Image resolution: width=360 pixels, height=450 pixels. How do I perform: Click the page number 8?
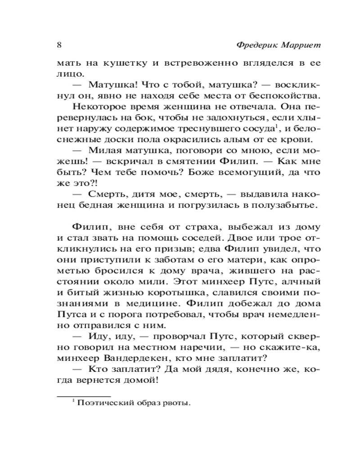point(59,45)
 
